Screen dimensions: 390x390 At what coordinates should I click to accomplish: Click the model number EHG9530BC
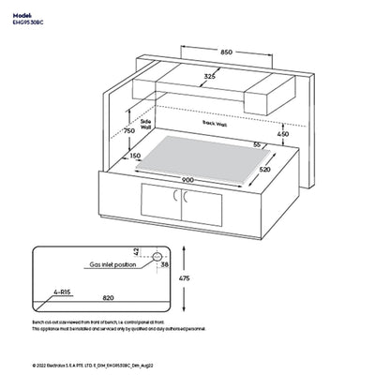(x=29, y=18)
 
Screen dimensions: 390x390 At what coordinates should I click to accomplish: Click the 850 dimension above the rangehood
(x=227, y=52)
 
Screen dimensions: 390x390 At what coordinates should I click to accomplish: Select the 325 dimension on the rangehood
(x=211, y=78)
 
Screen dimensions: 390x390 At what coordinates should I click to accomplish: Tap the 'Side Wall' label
(x=145, y=124)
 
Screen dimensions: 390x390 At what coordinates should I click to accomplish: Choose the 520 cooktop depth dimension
(x=291, y=169)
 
